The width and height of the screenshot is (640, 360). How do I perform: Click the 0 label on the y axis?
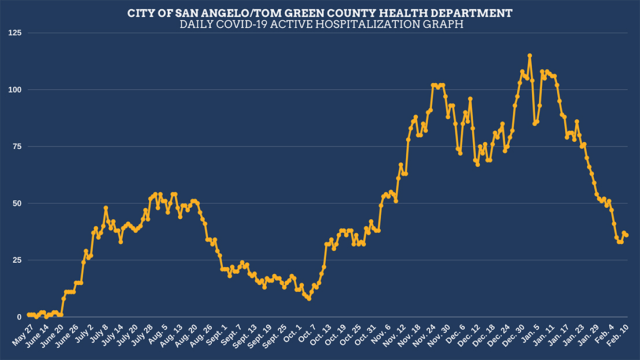point(18,317)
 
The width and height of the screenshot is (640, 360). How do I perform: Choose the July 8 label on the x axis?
point(97,335)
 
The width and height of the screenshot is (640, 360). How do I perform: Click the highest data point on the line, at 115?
point(529,56)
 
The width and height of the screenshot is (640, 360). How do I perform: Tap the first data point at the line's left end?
point(28,315)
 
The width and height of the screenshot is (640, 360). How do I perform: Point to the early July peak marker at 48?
point(106,208)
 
